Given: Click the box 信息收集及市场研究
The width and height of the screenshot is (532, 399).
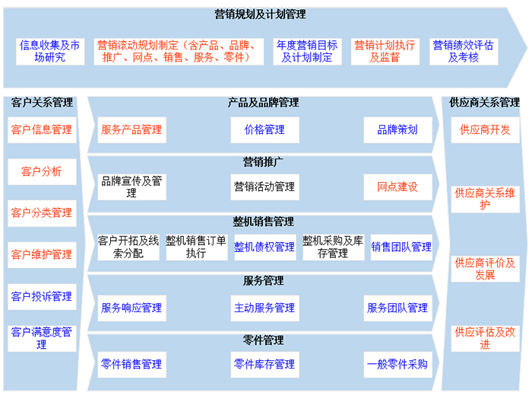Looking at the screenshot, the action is (x=50, y=52).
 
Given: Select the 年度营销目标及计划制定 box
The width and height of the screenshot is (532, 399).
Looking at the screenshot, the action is (x=307, y=52).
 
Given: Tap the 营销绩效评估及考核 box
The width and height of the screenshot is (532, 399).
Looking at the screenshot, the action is (x=464, y=52).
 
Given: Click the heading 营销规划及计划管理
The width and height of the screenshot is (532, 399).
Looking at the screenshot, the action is (x=260, y=14).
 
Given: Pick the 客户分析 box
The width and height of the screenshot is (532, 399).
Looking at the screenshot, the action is (x=42, y=172).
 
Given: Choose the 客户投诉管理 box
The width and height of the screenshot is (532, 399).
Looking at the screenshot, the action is (x=42, y=297).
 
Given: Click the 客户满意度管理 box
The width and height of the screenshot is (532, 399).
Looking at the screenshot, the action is (x=42, y=339).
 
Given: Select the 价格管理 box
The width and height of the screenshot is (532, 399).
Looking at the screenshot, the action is (x=264, y=130).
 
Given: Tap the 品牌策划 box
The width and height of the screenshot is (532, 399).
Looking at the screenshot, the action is (x=397, y=130).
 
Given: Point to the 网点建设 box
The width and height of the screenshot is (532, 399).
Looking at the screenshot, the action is (x=397, y=187).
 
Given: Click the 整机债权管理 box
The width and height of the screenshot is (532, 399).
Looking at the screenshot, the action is (x=265, y=247).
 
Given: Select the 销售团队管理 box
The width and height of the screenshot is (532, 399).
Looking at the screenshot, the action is (x=401, y=247).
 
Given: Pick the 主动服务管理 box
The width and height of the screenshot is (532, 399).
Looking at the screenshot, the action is (x=264, y=308).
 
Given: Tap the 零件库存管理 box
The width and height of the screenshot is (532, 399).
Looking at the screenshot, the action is (x=264, y=365).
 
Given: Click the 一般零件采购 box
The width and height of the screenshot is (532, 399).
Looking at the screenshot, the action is (x=397, y=365).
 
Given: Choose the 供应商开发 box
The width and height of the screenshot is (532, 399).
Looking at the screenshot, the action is (x=485, y=130).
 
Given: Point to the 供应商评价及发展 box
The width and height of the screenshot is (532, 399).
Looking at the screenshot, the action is (x=485, y=269).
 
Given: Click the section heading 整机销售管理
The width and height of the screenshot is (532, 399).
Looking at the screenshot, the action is (x=263, y=222).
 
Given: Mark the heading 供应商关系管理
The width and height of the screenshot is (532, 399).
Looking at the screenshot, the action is (x=484, y=102).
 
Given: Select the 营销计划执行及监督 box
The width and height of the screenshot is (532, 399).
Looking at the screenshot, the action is (x=385, y=52).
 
